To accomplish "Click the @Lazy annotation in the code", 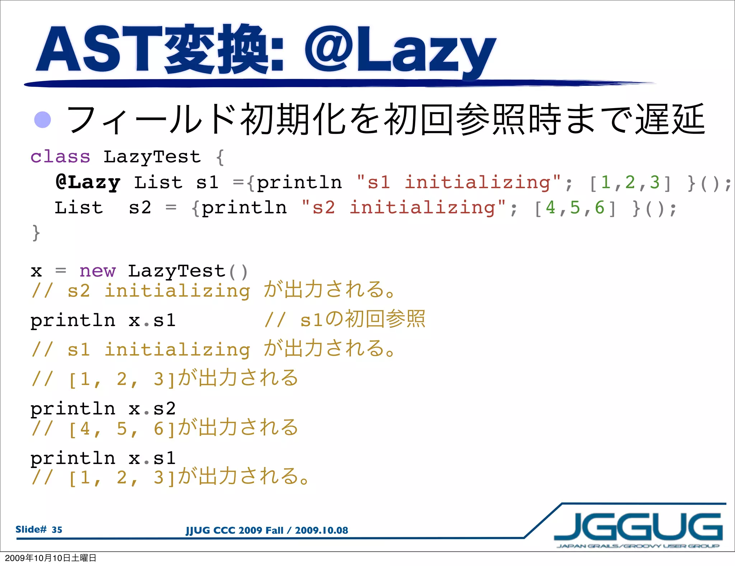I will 88,182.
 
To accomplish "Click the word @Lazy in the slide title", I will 400,50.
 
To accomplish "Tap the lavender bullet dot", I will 42,120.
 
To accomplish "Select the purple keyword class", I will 60,157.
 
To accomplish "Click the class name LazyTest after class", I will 152,157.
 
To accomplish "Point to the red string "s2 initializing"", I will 403,208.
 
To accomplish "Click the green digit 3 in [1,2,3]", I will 655,182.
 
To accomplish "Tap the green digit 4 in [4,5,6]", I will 550,208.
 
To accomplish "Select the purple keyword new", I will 98,271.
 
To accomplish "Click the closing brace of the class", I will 36,233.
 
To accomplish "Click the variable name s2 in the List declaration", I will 140,208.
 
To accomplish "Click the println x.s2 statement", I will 103,409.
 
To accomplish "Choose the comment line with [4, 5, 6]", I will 165,428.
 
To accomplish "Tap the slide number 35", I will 57,530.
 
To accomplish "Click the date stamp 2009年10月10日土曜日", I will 51,558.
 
